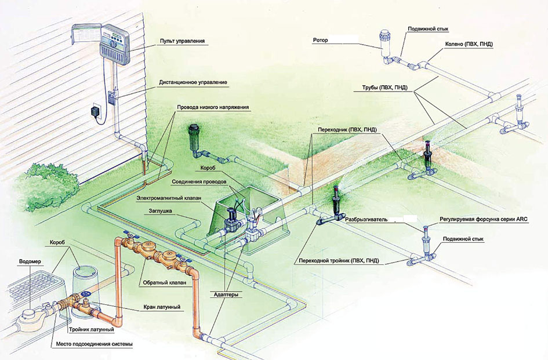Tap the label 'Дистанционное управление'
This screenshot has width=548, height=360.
[x=193, y=83]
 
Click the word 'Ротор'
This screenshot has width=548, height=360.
[x=320, y=42]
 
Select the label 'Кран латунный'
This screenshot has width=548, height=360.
[x=161, y=306]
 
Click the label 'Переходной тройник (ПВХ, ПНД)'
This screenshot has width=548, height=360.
[x=336, y=261]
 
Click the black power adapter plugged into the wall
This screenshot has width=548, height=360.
[x=95, y=112]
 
